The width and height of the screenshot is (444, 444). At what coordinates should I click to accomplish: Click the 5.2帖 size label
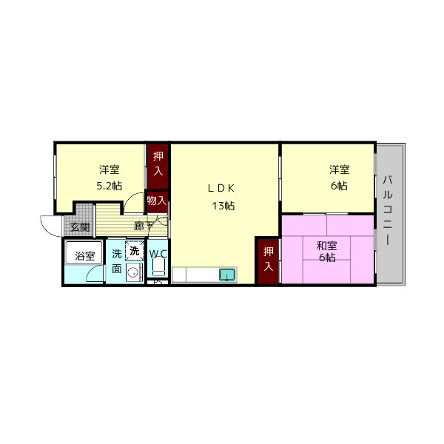[x=109, y=186]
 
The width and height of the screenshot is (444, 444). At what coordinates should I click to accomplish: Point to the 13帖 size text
[x=223, y=206]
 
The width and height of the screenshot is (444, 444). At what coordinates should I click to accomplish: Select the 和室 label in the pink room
[x=326, y=245]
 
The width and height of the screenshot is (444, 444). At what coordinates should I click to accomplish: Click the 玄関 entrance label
[x=80, y=227]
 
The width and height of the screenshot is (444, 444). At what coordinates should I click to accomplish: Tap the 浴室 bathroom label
[x=84, y=256]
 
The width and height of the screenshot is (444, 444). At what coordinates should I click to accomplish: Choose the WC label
[x=158, y=254]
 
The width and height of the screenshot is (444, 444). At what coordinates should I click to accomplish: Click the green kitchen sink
[x=226, y=275]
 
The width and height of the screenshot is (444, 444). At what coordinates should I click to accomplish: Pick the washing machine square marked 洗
[x=134, y=251]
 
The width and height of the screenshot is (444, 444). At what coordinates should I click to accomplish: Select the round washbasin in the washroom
[x=132, y=273]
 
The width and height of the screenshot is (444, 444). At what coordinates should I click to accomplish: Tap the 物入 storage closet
[x=156, y=201]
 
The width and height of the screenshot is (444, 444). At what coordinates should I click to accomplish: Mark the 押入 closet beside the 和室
[x=267, y=260]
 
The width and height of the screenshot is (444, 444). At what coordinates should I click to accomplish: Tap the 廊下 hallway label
[x=144, y=226]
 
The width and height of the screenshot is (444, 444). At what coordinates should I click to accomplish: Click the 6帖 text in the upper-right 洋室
[x=338, y=186]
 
